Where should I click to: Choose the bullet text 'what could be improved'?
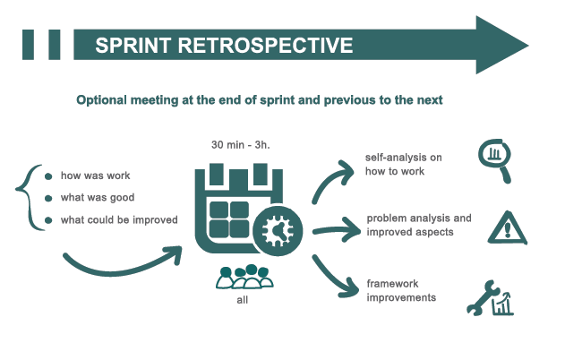(x=119, y=220)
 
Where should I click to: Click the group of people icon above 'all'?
(x=243, y=277)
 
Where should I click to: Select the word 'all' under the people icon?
(x=243, y=301)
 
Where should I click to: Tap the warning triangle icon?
(x=509, y=228)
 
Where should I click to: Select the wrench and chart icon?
(x=491, y=299)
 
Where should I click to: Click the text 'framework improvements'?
(x=402, y=290)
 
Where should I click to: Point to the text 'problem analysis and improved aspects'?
(x=418, y=225)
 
